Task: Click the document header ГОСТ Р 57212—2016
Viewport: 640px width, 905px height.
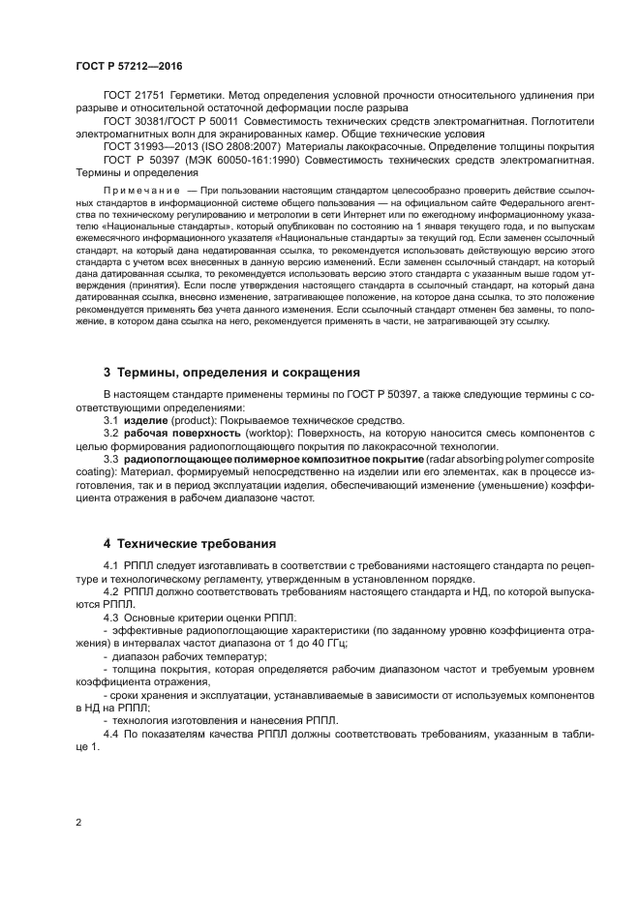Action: (x=128, y=66)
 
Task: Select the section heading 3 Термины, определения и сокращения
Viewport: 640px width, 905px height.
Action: (x=231, y=372)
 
